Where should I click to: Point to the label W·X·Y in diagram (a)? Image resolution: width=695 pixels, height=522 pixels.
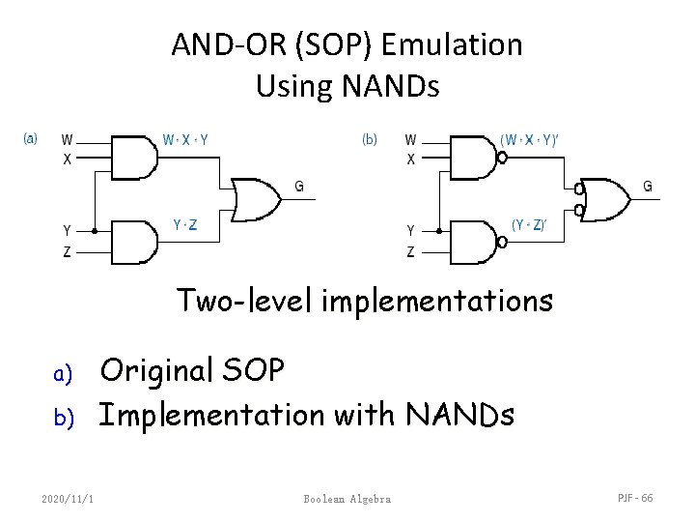click(185, 139)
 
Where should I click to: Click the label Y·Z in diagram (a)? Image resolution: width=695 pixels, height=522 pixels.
click(185, 225)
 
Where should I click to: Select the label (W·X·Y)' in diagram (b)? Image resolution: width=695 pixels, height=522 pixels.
click(530, 139)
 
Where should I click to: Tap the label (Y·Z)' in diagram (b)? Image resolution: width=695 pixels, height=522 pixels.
click(529, 225)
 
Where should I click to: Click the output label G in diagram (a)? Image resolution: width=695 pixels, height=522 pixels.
click(299, 187)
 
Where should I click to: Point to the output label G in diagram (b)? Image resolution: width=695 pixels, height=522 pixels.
click(647, 186)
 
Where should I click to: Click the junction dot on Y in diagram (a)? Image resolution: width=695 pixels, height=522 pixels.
click(95, 231)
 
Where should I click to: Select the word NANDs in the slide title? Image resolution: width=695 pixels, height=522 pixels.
click(389, 87)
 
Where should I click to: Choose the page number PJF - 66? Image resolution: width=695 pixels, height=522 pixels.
click(634, 498)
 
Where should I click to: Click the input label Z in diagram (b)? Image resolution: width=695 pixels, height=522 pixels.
click(411, 252)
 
